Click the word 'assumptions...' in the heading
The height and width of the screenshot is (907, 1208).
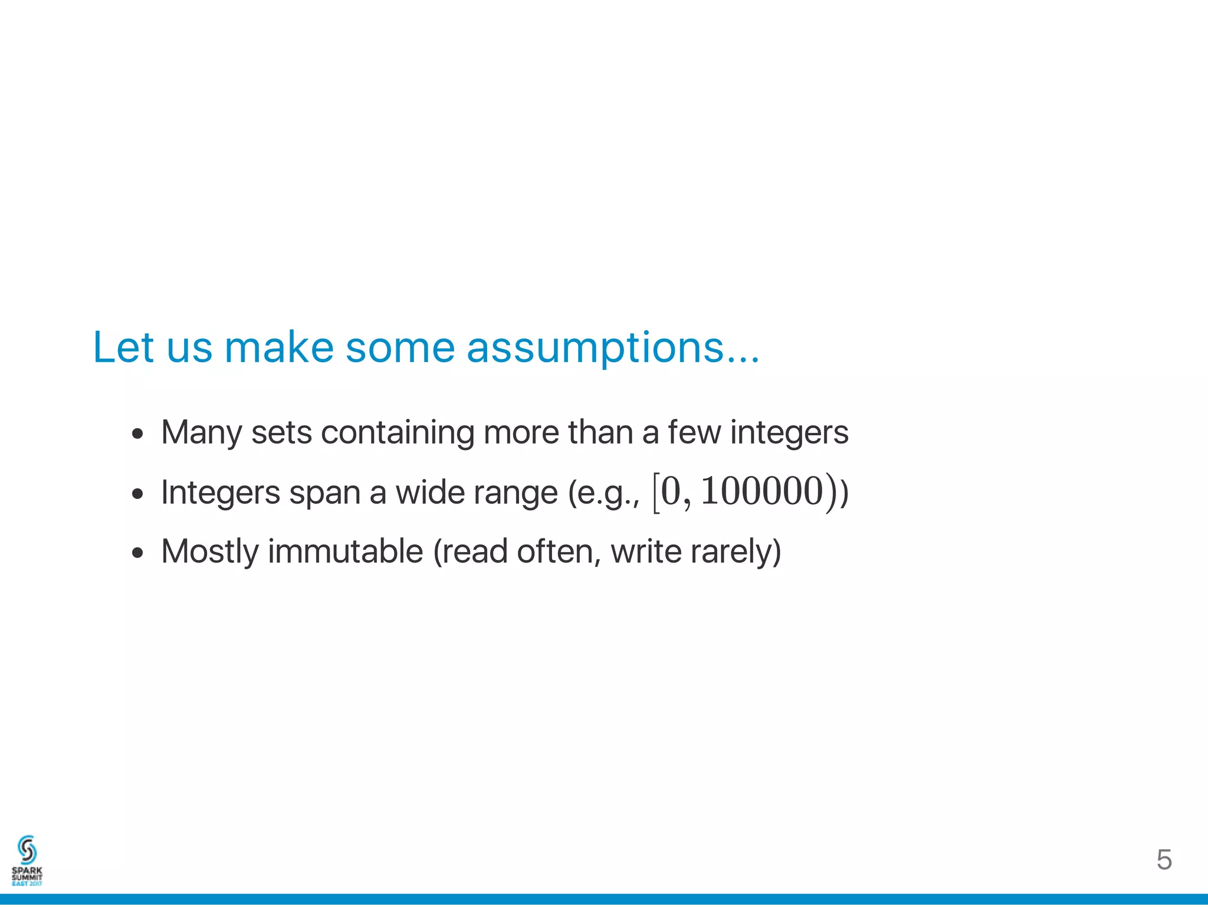click(612, 348)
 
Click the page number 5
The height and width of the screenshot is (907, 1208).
click(1164, 860)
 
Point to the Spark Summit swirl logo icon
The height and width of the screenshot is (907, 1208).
click(27, 850)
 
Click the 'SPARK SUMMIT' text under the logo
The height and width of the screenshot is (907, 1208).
click(27, 873)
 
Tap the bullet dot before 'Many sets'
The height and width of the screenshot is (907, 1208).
click(138, 435)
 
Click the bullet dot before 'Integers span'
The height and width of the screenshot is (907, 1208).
click(138, 494)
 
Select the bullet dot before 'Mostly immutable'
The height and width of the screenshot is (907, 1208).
click(138, 553)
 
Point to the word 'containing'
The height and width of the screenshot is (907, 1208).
click(398, 432)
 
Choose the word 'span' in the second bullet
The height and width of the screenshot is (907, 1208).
click(324, 494)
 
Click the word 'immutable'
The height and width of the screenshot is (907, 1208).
click(346, 551)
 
